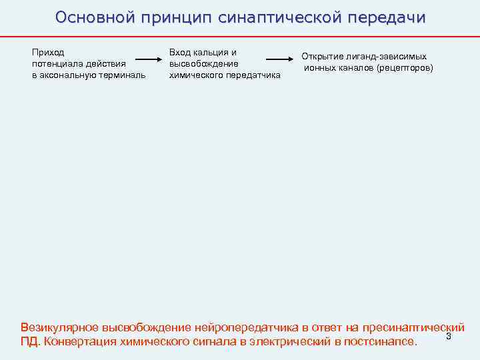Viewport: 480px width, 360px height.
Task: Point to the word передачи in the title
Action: [x=386, y=17]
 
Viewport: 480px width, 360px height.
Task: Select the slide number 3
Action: [x=449, y=336]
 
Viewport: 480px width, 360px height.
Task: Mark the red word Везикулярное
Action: [x=59, y=327]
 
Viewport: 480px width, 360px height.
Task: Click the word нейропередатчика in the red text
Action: [x=246, y=327]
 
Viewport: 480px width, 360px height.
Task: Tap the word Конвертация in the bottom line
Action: [x=77, y=342]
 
